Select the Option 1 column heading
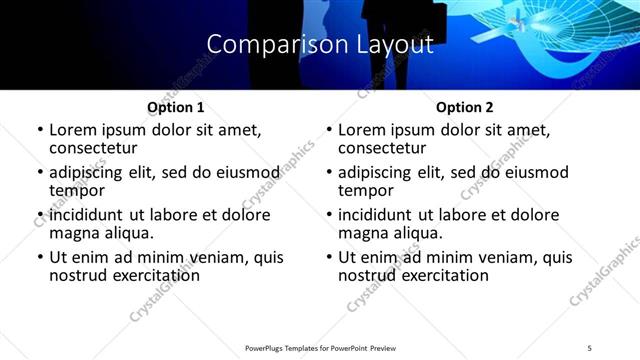pyautogui.click(x=175, y=107)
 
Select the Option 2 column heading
pyautogui.click(x=464, y=107)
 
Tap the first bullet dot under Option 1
pyautogui.click(x=40, y=130)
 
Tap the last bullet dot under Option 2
pyautogui.click(x=329, y=258)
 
